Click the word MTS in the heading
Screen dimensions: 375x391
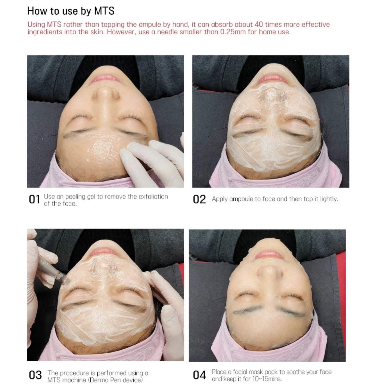[104, 11]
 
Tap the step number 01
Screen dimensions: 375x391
[34, 200]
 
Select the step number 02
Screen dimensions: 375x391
[199, 200]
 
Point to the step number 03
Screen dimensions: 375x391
[35, 375]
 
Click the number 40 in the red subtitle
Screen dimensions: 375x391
[259, 24]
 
